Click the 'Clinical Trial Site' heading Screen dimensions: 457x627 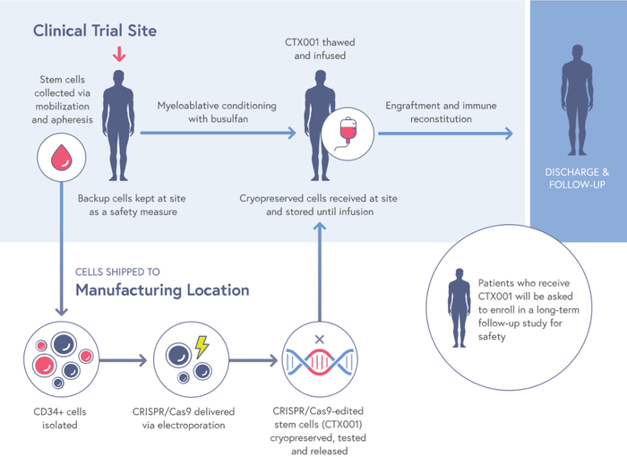[x=95, y=30]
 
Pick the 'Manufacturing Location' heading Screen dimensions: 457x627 [x=162, y=289]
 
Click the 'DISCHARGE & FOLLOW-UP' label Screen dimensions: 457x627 [x=577, y=178]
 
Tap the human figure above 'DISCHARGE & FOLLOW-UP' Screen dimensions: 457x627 [x=577, y=104]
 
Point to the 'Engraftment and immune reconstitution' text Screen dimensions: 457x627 [x=441, y=112]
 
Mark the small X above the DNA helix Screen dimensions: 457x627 [x=318, y=340]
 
